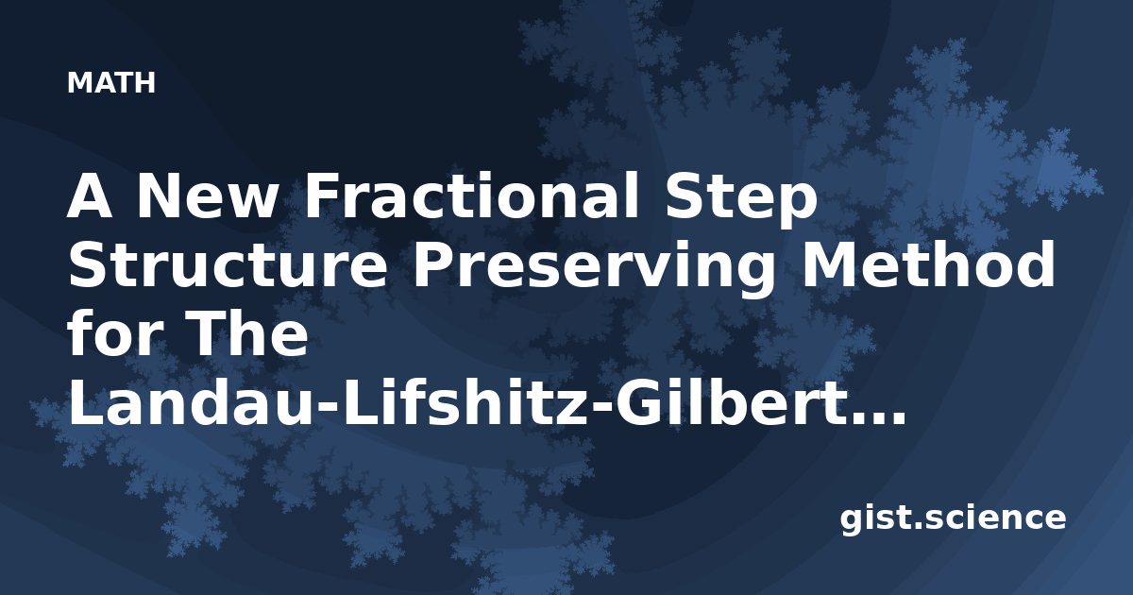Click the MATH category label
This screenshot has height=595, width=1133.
coord(110,82)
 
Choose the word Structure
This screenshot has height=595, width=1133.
coord(228,264)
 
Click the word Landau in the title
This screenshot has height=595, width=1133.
coord(192,403)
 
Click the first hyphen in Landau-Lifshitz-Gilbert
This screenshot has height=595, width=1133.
coord(329,408)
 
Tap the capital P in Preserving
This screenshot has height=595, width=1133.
coord(436,264)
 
